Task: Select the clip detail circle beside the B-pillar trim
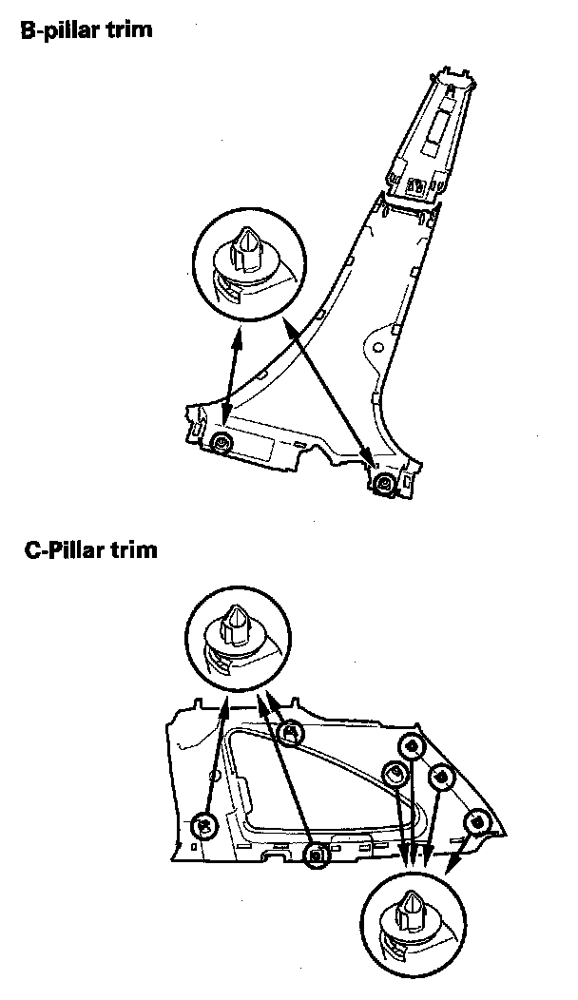tap(244, 263)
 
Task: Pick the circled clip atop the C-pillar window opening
tap(293, 732)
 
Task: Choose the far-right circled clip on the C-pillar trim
tap(476, 820)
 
